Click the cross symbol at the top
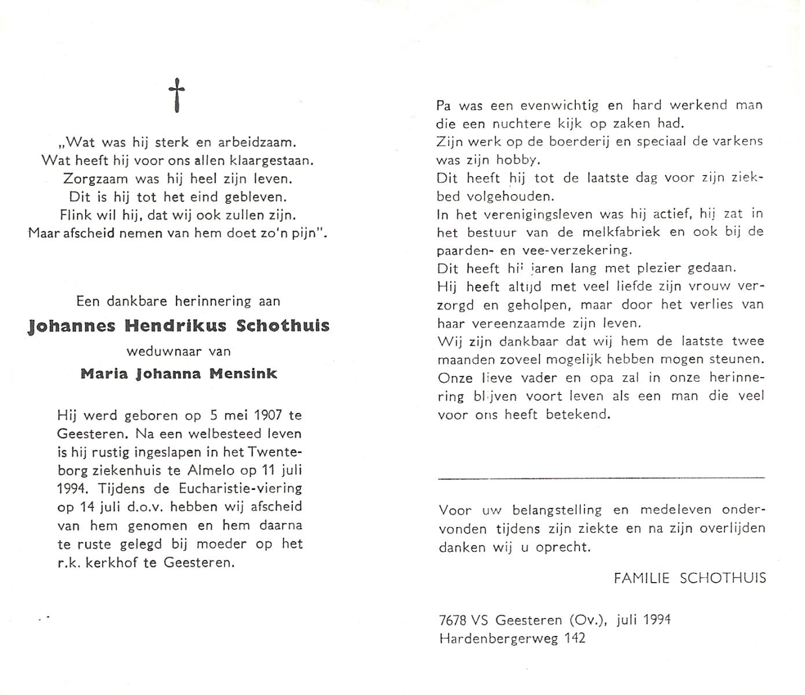click(x=177, y=96)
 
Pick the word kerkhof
click(x=111, y=562)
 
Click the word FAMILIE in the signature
click(x=642, y=578)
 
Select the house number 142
click(x=574, y=638)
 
